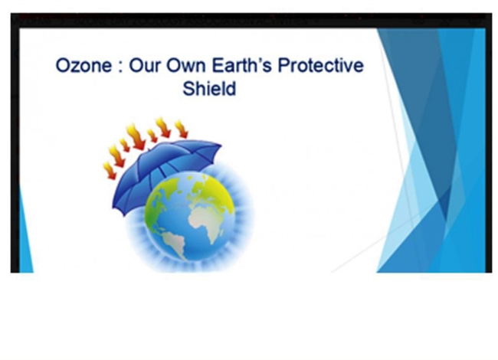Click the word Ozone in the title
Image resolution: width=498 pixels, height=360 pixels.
84,66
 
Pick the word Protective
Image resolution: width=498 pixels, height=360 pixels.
321,65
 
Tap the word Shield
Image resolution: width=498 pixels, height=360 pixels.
209,88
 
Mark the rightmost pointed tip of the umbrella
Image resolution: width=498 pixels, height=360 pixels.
221,146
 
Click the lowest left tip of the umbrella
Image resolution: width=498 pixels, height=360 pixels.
113,207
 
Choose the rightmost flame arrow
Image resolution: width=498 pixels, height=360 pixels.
182,129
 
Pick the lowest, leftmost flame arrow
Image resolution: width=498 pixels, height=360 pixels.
109,171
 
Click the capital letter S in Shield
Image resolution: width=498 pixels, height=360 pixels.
188,88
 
